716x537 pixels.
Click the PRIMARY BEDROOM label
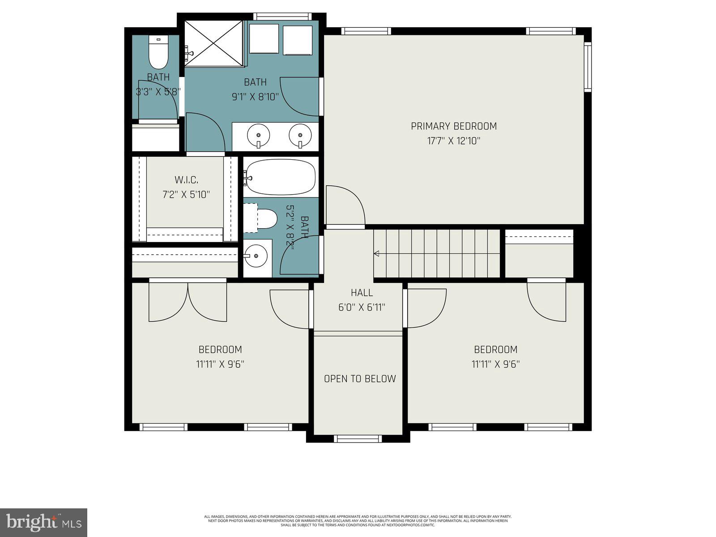(453, 126)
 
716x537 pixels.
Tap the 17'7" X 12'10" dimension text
(453, 141)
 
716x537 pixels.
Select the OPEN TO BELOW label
(360, 379)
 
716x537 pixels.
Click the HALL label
(362, 293)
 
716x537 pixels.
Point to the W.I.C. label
(186, 180)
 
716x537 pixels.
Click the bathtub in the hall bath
(280, 177)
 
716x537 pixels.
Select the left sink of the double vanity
(258, 134)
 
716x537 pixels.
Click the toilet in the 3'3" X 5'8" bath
(158, 53)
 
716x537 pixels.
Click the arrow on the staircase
(377, 254)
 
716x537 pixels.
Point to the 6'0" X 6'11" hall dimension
(362, 307)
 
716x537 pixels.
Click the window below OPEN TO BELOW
(358, 439)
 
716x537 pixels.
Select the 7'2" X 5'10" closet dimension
(186, 195)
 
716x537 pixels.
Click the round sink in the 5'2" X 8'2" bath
(256, 256)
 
